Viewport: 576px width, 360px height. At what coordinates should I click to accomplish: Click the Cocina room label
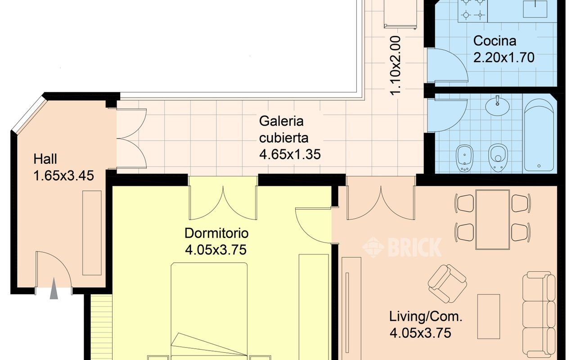click(x=495, y=41)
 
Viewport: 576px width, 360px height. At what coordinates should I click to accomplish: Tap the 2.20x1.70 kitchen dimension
click(x=504, y=57)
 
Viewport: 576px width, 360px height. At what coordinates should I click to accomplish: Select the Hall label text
click(x=45, y=159)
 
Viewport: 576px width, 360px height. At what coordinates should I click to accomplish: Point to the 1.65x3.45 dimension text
click(x=64, y=176)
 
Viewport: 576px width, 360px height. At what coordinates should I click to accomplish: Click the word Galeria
click(x=281, y=121)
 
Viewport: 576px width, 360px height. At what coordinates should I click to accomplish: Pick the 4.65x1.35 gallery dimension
click(x=290, y=154)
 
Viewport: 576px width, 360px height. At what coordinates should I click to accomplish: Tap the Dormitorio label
click(x=216, y=233)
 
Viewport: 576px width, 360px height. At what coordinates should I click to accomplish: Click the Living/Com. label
click(x=426, y=316)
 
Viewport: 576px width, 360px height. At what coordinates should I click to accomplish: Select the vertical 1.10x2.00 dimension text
click(x=395, y=66)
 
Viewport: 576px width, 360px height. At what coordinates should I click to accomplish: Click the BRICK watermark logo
click(x=402, y=247)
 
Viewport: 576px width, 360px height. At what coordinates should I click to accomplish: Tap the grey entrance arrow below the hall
click(x=54, y=288)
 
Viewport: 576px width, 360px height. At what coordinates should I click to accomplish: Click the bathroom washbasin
click(x=497, y=105)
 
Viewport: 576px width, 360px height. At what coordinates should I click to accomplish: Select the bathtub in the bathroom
click(x=539, y=135)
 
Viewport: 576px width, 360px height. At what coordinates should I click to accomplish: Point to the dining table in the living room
click(x=493, y=220)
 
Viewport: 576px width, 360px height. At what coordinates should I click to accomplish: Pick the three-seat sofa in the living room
click(x=539, y=315)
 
